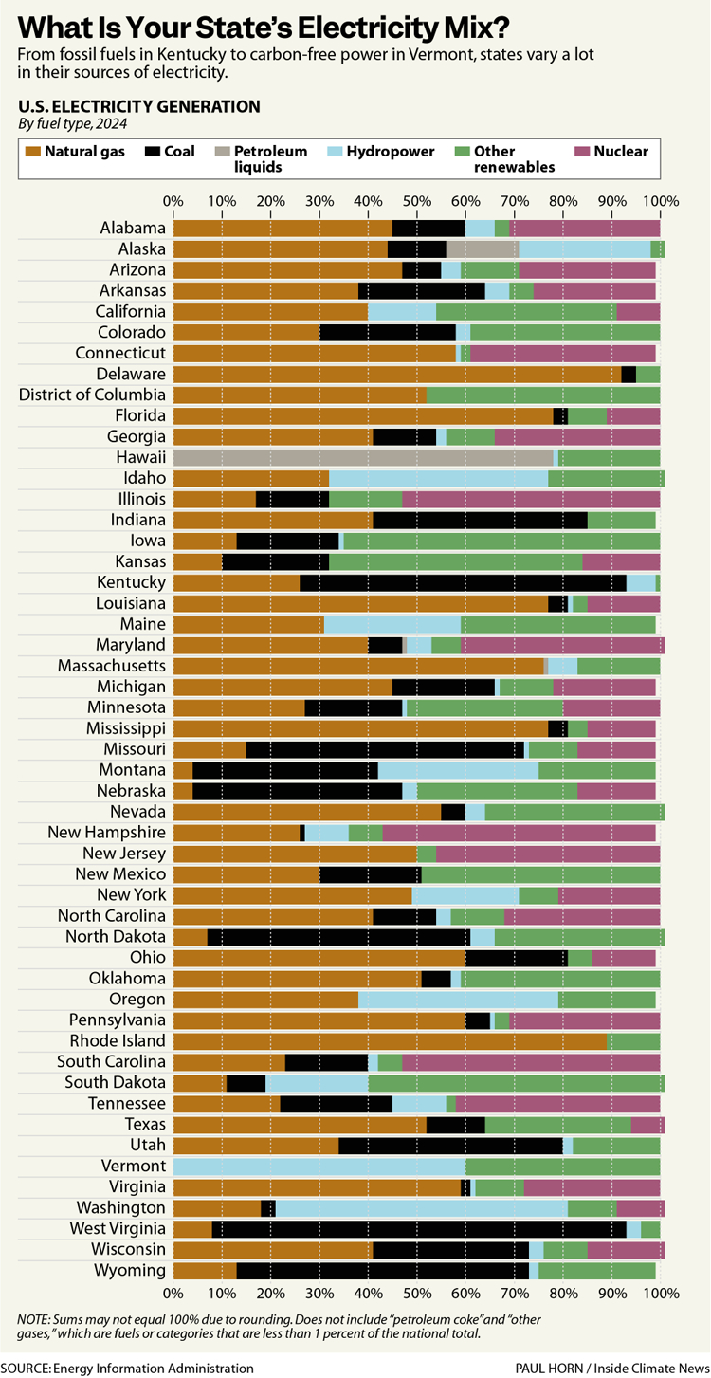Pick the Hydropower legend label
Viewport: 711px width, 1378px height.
(391, 152)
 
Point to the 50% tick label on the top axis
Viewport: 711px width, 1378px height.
(416, 201)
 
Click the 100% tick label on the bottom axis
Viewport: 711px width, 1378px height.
(660, 1293)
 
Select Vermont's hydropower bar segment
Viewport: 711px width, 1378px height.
(319, 1167)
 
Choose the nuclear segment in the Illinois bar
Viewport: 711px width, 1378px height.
(531, 499)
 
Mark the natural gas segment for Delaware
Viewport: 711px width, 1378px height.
(397, 374)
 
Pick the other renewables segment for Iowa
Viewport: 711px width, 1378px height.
(501, 541)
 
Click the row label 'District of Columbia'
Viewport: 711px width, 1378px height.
(92, 395)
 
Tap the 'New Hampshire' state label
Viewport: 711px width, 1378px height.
(107, 833)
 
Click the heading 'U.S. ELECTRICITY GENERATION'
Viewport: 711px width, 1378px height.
(138, 106)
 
